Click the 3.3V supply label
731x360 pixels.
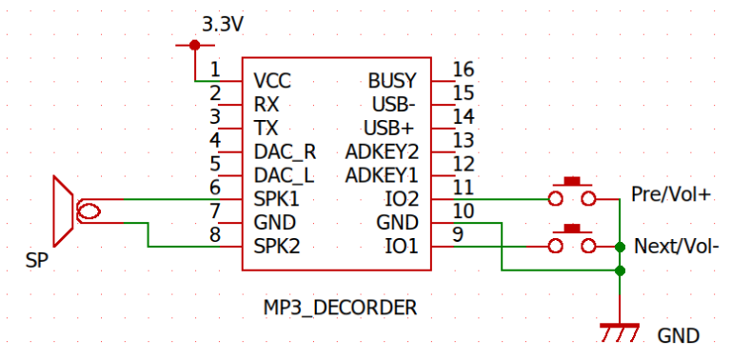pyautogui.click(x=223, y=24)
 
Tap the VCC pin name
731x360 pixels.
pyautogui.click(x=273, y=80)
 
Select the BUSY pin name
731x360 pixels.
pyautogui.click(x=392, y=80)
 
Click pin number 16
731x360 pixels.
pyautogui.click(x=464, y=70)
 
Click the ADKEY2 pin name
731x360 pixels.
pyautogui.click(x=382, y=151)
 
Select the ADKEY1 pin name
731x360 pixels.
pyautogui.click(x=382, y=175)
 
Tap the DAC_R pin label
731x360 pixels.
pyautogui.click(x=285, y=151)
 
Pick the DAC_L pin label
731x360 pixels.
pyautogui.click(x=284, y=175)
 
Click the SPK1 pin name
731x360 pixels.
pyautogui.click(x=277, y=199)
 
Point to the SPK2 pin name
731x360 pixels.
pyautogui.click(x=277, y=247)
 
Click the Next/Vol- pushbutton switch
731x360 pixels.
pyautogui.click(x=572, y=241)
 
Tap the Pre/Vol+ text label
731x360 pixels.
pyautogui.click(x=671, y=194)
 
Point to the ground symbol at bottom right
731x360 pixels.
pyautogui.click(x=621, y=331)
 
